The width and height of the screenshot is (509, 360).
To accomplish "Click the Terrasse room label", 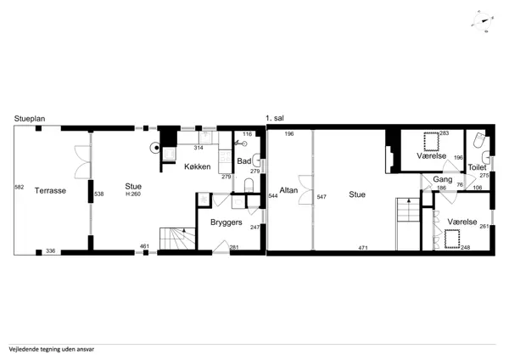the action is click(x=50, y=191).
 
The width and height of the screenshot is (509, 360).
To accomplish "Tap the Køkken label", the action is click(x=198, y=166).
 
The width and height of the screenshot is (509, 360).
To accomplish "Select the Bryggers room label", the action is click(x=227, y=222).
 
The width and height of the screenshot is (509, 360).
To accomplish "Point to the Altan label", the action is click(x=288, y=190).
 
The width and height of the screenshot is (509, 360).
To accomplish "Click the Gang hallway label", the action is click(x=443, y=179).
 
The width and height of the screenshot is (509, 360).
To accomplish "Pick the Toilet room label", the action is click(x=477, y=167).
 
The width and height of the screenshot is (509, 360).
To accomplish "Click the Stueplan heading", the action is click(x=30, y=119).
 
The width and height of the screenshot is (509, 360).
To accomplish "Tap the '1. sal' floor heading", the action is click(x=275, y=118).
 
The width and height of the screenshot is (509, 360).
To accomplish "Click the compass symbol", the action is click(x=483, y=21).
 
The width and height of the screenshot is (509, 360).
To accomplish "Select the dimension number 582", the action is click(x=20, y=187).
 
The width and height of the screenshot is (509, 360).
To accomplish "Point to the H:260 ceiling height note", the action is click(x=133, y=194).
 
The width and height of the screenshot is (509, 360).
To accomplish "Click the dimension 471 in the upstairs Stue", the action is click(x=363, y=248).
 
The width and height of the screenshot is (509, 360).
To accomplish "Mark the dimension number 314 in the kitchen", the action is click(x=199, y=148).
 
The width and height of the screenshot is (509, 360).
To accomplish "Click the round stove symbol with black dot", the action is click(x=156, y=148).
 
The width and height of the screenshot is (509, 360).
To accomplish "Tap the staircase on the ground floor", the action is click(x=177, y=239).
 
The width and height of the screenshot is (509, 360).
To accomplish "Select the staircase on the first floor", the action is click(x=408, y=224).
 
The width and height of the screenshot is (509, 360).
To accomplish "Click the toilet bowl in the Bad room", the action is click(x=249, y=185).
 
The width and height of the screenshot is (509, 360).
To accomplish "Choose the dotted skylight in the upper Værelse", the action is click(x=431, y=141).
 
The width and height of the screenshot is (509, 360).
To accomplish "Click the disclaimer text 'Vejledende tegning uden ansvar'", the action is click(x=52, y=350).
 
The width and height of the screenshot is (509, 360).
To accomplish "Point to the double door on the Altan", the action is click(x=306, y=189).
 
